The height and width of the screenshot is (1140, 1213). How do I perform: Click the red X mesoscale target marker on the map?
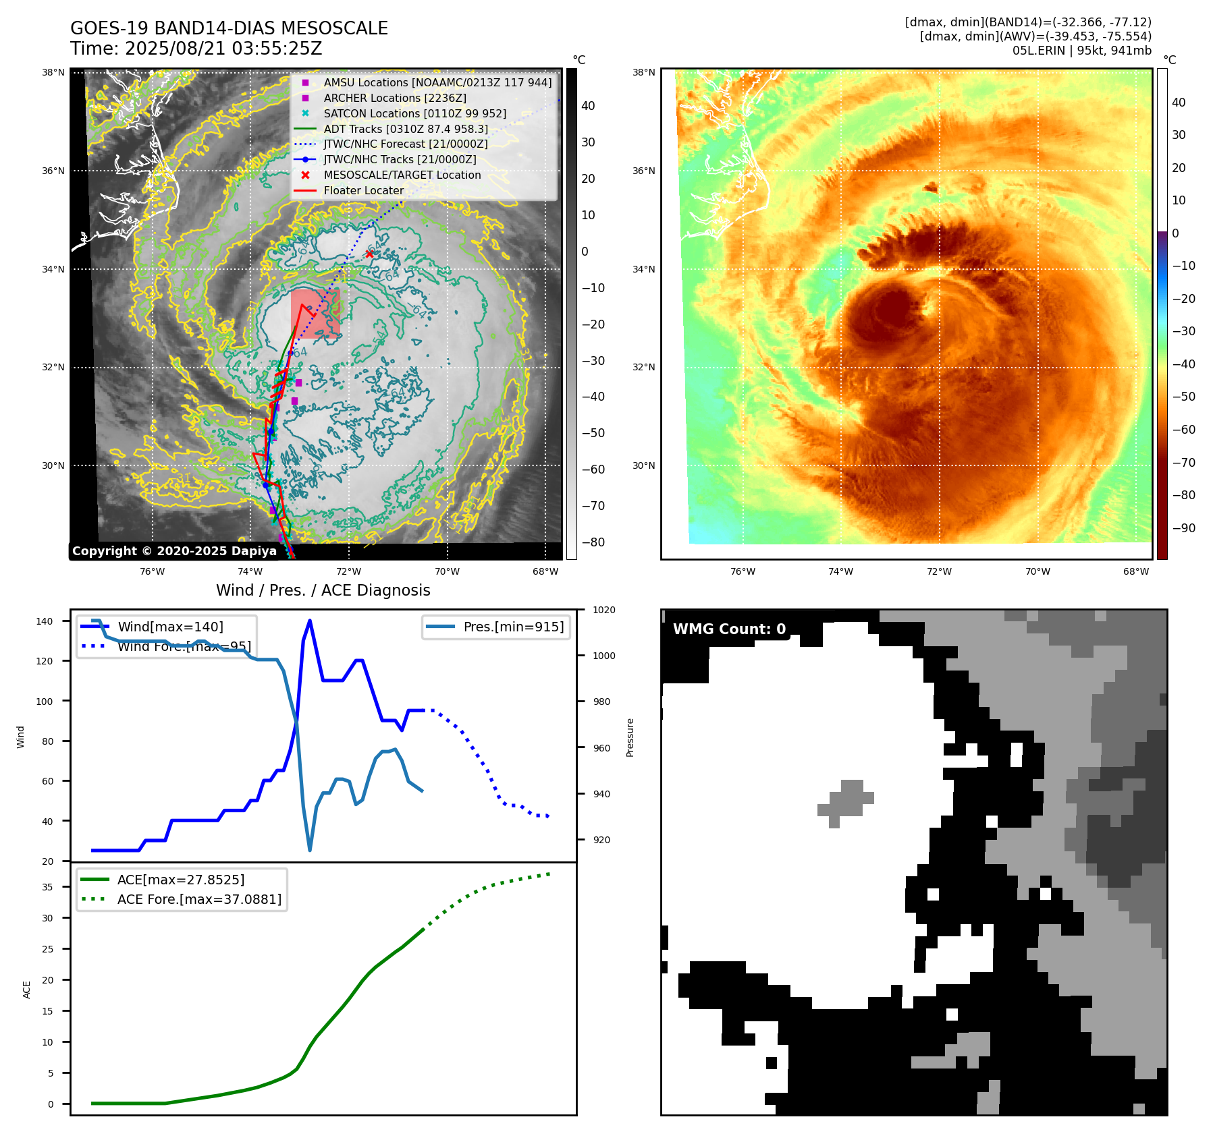tap(369, 254)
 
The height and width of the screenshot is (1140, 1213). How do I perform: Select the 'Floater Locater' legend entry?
tap(363, 190)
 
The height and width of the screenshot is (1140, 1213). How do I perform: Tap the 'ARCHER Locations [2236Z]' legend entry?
tap(394, 98)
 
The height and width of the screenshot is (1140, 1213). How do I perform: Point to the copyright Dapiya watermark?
tap(174, 551)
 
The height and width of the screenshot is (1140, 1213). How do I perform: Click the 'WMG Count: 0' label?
tap(729, 629)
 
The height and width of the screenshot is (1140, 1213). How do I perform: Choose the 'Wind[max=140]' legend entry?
tap(170, 627)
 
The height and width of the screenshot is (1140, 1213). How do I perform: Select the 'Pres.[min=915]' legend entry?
tap(513, 627)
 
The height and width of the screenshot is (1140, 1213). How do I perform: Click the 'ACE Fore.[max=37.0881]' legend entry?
tap(199, 899)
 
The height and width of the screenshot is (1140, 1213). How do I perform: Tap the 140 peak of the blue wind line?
tap(310, 621)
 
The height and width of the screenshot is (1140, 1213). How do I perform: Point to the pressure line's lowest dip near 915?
tap(310, 849)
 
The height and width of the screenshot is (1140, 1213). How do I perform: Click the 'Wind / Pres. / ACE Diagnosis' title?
tap(323, 590)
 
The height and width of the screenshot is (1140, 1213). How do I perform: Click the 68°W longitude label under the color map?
tap(1135, 571)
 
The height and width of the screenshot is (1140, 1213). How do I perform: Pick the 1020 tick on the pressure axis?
tap(603, 610)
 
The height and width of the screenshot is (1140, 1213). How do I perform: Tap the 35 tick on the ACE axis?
tap(48, 887)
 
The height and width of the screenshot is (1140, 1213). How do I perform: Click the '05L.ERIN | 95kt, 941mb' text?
tap(1081, 51)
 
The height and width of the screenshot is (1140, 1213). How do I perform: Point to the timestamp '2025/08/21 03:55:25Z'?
tap(223, 49)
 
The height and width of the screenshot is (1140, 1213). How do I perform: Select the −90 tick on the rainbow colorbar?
tap(1183, 528)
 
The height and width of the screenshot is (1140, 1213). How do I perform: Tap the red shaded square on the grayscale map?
tap(315, 313)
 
